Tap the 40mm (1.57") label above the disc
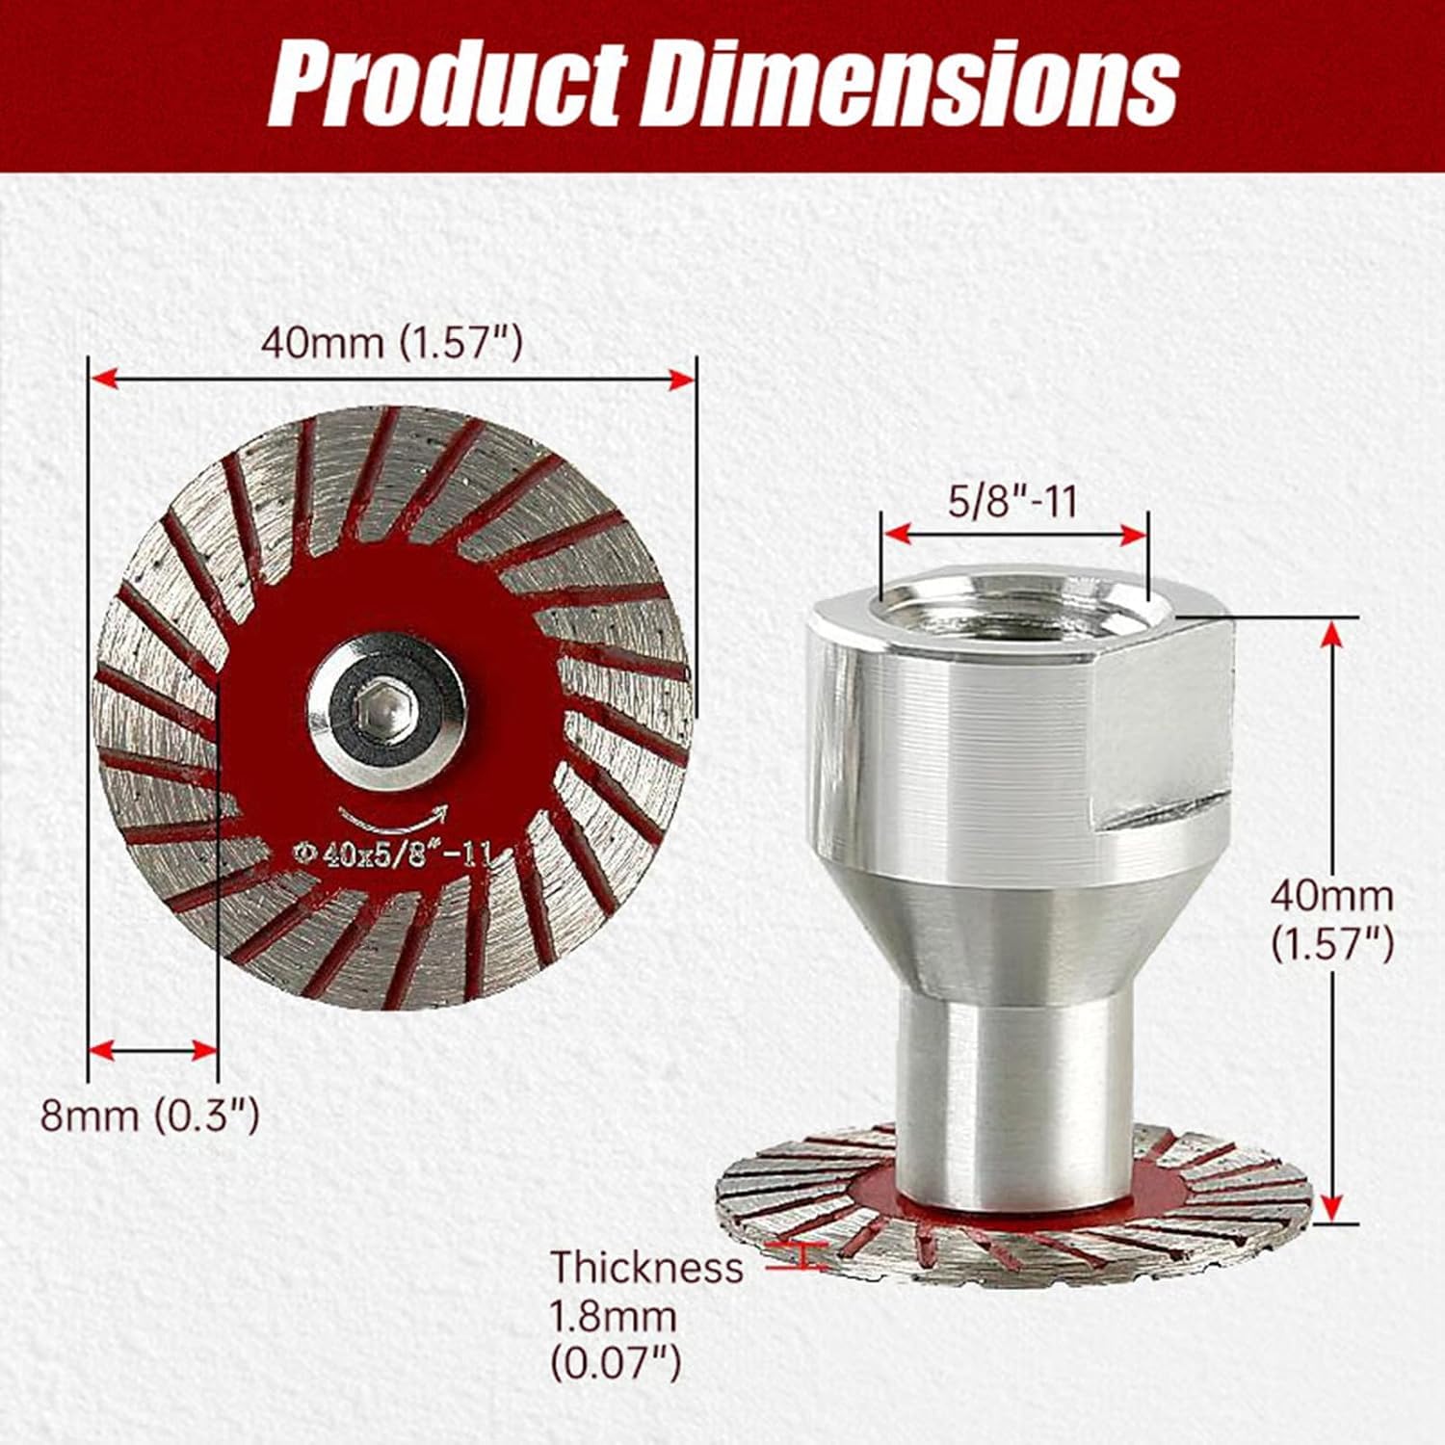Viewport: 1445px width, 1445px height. click(391, 342)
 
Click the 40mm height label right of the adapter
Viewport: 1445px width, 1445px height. click(1331, 896)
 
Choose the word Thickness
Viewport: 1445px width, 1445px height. click(646, 1267)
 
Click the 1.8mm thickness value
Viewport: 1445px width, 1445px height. click(613, 1315)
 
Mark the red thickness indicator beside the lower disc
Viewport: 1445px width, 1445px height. click(802, 1254)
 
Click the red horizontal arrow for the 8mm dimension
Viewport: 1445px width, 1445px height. click(152, 1050)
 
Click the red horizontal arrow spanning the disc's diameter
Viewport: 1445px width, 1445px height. click(391, 380)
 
